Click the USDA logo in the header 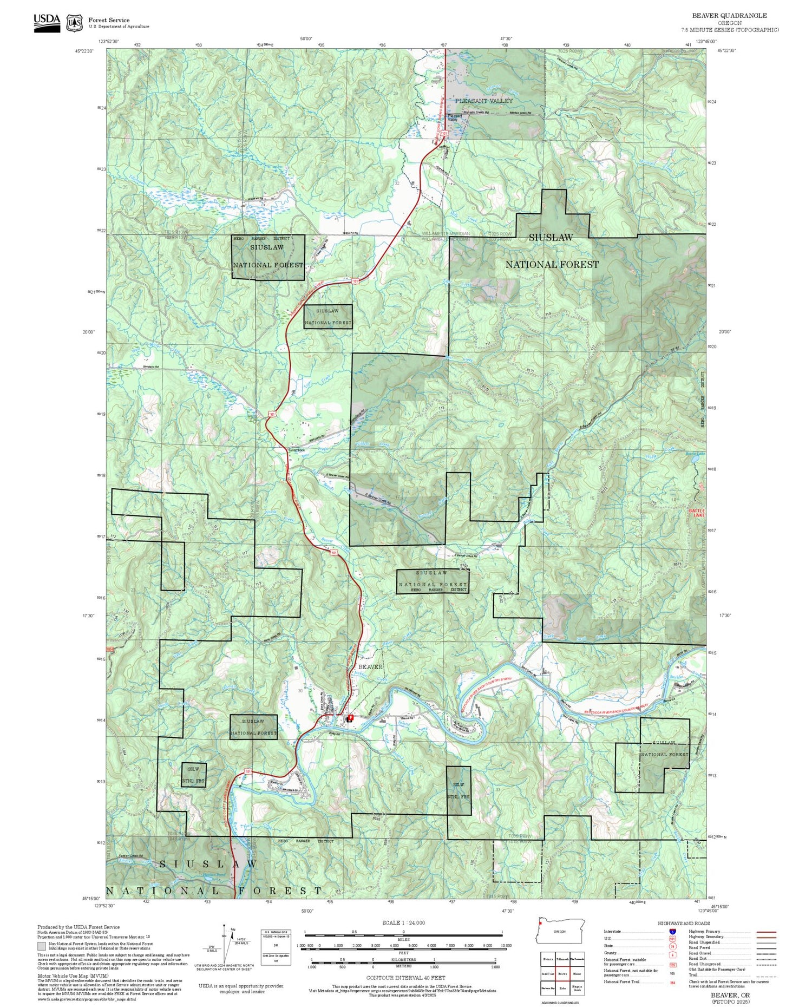coord(47,22)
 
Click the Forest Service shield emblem coord(74,23)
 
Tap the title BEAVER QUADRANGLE coord(729,16)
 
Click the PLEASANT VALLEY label coord(483,101)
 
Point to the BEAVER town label coord(370,666)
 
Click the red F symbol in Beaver coord(350,718)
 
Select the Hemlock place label coord(297,450)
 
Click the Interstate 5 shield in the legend coord(672,931)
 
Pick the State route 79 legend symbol coord(672,947)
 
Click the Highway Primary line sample coord(764,932)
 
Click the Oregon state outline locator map coord(561,931)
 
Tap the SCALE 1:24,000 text coord(403,922)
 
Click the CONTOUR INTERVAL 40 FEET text coord(406,978)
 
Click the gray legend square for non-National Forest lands coord(42,946)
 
